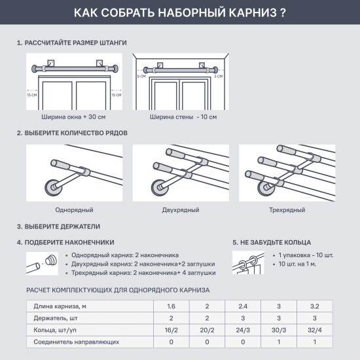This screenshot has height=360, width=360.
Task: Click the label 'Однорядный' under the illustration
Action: pos(75,209)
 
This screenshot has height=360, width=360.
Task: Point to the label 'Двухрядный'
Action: pos(181,209)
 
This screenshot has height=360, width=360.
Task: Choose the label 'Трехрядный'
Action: pos(287,209)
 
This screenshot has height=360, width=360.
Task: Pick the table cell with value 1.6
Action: pos(171,306)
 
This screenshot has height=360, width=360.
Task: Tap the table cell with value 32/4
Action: pos(314,329)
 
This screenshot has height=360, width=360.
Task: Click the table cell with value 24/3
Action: pos(242,329)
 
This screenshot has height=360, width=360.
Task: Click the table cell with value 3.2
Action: pos(314,306)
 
